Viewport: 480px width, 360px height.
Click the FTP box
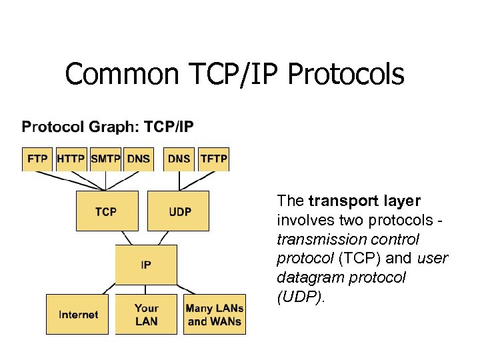click(x=37, y=159)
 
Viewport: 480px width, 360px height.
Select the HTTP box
click(x=71, y=159)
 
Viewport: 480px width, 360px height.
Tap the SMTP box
click(x=105, y=159)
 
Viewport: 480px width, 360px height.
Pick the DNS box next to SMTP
click(x=139, y=159)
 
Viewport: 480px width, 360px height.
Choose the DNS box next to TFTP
click(x=179, y=159)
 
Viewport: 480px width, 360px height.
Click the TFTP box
click(x=214, y=159)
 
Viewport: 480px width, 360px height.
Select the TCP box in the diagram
click(x=107, y=211)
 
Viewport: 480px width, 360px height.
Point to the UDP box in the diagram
click(x=178, y=211)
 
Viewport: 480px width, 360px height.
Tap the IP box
click(x=146, y=264)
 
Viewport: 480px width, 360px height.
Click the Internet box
click(x=79, y=314)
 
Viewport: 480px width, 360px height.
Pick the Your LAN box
click(x=146, y=314)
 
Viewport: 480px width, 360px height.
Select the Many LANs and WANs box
click(x=214, y=314)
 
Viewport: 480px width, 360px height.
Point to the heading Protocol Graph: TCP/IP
click(x=108, y=127)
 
